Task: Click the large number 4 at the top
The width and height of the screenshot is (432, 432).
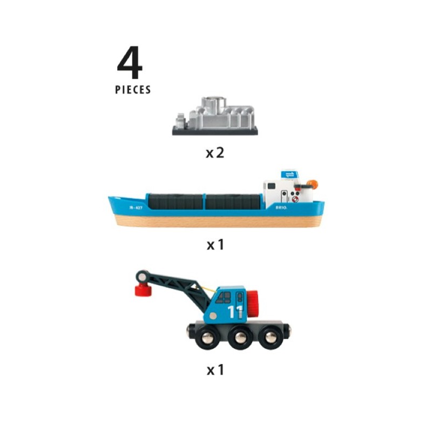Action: [x=130, y=64]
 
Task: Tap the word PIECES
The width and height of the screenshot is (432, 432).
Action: [x=133, y=90]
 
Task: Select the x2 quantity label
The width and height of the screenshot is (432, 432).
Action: [x=214, y=153]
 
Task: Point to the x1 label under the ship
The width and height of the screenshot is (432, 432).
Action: [x=215, y=245]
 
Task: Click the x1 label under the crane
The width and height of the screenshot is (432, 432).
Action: [x=215, y=370]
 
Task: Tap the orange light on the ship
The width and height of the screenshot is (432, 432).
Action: [x=313, y=185]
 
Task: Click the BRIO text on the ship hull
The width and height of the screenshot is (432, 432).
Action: [x=281, y=206]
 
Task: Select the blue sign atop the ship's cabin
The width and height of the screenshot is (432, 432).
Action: [x=289, y=174]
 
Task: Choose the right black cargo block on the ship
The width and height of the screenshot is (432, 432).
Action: [x=233, y=202]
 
